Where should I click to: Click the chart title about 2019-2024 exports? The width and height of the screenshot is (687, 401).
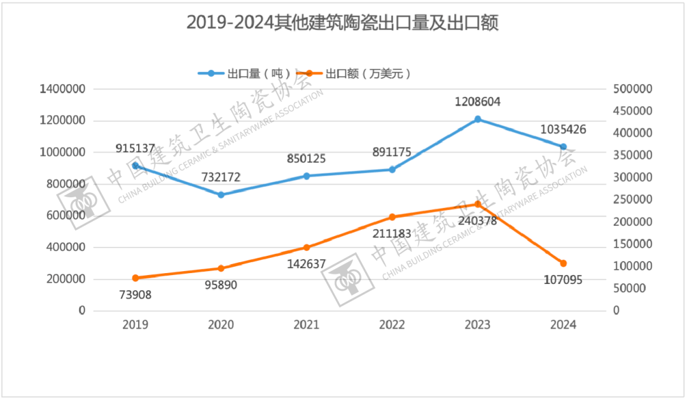point(342,22)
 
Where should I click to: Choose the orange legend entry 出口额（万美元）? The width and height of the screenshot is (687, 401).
point(359,73)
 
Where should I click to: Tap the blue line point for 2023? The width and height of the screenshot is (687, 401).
point(478,119)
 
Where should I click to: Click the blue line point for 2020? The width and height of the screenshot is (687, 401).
point(221,195)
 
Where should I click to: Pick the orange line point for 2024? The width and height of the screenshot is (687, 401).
point(563,264)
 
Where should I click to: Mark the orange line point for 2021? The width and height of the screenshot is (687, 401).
point(307,248)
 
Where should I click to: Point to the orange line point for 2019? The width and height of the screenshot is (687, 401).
point(135,278)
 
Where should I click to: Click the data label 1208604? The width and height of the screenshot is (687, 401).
point(478,101)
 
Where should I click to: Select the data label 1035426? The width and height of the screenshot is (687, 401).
point(563,130)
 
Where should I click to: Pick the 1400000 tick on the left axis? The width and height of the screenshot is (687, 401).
point(62,89)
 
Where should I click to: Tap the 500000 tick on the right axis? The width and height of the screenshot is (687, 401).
point(634,89)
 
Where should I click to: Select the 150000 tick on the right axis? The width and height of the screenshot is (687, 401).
point(634,244)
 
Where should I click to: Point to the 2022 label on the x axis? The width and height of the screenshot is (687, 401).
point(392,325)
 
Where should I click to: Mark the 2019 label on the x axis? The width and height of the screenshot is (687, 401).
point(135,325)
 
